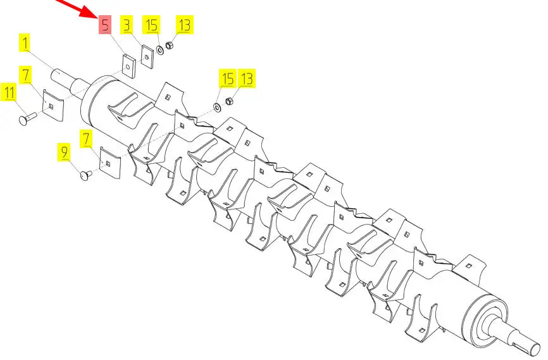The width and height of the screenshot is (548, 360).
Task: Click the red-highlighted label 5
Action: click(x=105, y=25)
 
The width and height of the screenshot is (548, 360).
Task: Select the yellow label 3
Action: click(x=127, y=25)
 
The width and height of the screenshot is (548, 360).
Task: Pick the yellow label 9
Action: click(x=64, y=152)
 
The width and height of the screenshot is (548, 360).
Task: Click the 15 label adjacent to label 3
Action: click(x=152, y=25)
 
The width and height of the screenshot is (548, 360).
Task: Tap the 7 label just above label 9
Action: click(x=86, y=139)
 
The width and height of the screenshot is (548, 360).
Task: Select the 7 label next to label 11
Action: click(x=26, y=75)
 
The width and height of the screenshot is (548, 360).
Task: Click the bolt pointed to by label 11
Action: click(x=27, y=118)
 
